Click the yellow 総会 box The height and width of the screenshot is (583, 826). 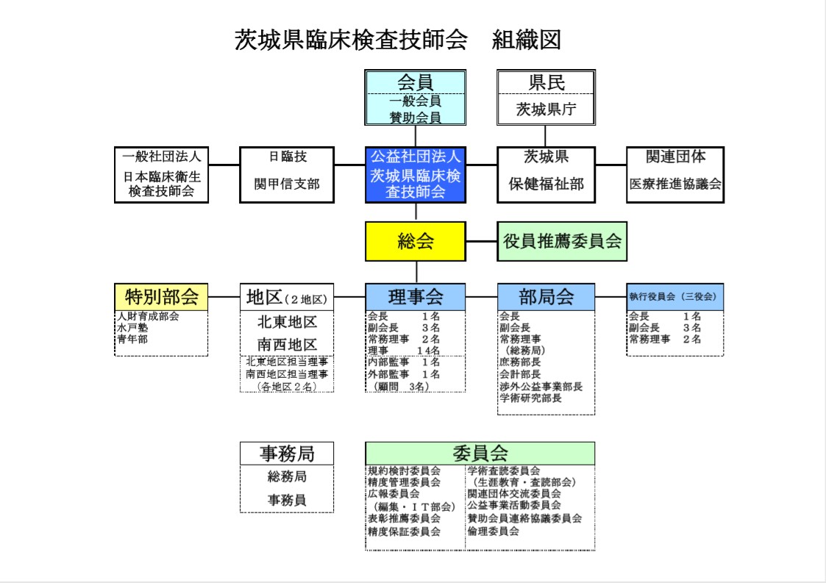[x=415, y=241]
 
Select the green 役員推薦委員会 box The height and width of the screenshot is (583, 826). [x=562, y=241]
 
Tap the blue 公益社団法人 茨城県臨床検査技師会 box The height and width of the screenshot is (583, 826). [x=415, y=175]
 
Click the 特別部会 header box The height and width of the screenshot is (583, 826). [x=161, y=297]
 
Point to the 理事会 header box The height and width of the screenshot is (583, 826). [x=415, y=297]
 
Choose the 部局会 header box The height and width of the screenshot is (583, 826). [x=546, y=297]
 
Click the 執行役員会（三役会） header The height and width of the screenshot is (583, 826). [x=674, y=297]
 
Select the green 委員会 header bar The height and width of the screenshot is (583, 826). [x=480, y=453]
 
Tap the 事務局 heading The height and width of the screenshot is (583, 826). [x=287, y=454]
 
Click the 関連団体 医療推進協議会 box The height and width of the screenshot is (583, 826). [x=674, y=175]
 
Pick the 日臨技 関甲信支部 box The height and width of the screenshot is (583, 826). [x=287, y=175]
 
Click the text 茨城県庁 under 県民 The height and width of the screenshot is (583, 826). [x=546, y=110]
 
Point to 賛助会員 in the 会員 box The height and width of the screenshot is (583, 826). [x=415, y=118]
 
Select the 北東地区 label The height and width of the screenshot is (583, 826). [x=287, y=322]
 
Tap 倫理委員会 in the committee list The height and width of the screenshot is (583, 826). [x=493, y=532]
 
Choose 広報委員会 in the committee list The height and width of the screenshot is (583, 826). [x=394, y=494]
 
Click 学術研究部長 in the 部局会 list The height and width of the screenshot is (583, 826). [x=530, y=398]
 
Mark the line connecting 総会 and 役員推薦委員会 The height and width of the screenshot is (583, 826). [x=482, y=241]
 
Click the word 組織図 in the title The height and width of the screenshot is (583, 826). [x=526, y=40]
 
